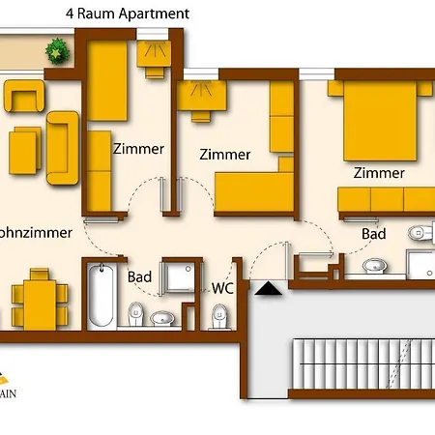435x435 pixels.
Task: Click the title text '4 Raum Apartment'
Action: tap(127, 14)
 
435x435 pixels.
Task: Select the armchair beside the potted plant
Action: tap(23, 95)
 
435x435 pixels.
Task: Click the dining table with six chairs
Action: tap(37, 302)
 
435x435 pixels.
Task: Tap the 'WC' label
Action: tap(224, 287)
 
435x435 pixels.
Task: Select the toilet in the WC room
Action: tap(219, 314)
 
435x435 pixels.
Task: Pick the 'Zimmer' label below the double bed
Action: tap(379, 173)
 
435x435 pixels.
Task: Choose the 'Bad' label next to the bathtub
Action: tap(140, 277)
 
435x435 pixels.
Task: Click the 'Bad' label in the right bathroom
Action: tap(374, 234)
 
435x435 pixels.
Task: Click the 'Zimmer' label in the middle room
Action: tap(224, 154)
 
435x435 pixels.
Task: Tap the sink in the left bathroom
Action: tap(162, 316)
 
